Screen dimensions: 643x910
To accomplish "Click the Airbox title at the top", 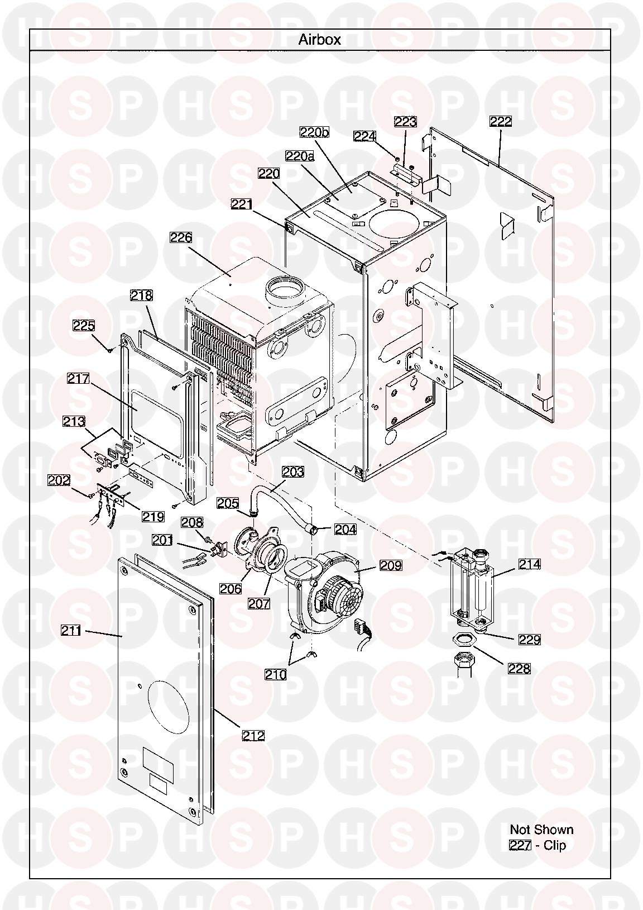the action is (319, 40).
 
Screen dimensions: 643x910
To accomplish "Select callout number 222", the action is (500, 121).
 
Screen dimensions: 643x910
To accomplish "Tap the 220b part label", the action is (314, 132).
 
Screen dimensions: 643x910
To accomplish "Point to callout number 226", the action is (181, 237).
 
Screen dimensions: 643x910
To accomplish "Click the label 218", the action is (141, 296).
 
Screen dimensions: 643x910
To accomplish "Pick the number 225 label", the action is (84, 326).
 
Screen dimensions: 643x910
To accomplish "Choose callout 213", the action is (74, 421).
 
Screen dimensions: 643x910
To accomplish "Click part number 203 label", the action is (292, 471).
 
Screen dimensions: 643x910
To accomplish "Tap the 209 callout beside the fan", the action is (391, 565).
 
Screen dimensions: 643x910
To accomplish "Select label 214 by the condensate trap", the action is (530, 564).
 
